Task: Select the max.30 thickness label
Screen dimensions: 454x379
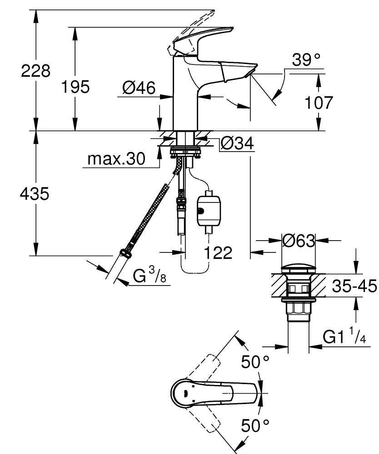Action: click(x=115, y=159)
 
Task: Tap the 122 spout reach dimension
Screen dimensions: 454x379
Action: click(x=217, y=252)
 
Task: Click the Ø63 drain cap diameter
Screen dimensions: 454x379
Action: click(x=299, y=240)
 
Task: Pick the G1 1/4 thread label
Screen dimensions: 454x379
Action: click(x=344, y=337)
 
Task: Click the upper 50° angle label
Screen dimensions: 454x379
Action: click(x=255, y=362)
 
